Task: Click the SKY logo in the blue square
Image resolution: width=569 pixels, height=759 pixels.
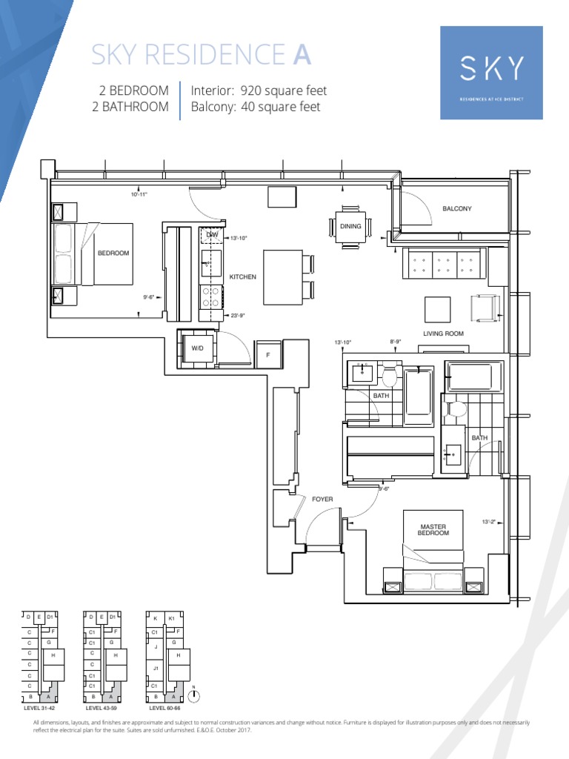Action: coord(492,69)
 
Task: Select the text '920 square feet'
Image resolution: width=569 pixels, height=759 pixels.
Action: coord(284,90)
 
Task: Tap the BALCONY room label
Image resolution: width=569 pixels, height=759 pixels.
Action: coord(456,209)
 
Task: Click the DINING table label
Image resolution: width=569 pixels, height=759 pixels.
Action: coord(350,226)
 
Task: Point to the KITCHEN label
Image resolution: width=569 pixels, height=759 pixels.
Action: coord(242,276)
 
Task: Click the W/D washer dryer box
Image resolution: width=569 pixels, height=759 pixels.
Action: coord(197,348)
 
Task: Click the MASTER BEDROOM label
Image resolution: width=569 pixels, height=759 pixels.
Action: coord(433,530)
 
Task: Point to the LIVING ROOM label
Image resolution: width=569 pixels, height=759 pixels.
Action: coord(443,334)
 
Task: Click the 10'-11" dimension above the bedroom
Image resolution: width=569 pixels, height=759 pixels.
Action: coord(141,194)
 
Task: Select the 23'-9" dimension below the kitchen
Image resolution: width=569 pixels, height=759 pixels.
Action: coord(238,315)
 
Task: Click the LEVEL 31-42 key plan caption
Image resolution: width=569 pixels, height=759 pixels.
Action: coord(40,709)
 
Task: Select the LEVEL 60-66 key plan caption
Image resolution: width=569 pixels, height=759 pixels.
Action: coord(164,709)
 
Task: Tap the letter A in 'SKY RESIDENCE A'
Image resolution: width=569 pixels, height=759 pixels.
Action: coord(301,54)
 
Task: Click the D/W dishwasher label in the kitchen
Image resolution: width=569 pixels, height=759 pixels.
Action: coord(212,234)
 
